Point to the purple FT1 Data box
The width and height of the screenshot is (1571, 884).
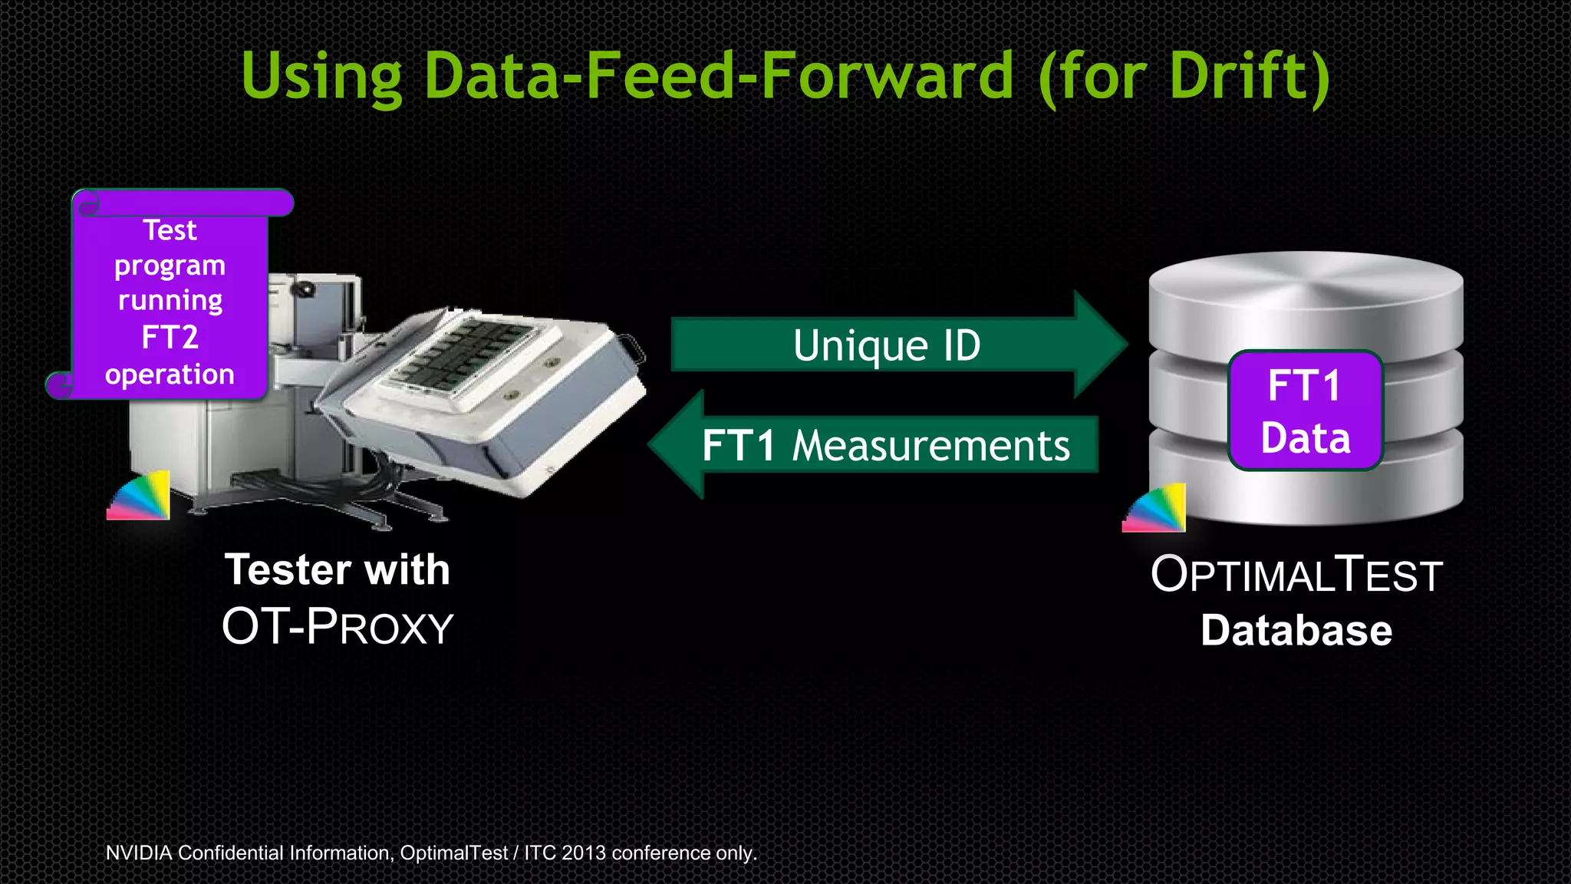pyautogui.click(x=1305, y=411)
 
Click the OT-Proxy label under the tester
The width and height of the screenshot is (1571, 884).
pyautogui.click(x=338, y=626)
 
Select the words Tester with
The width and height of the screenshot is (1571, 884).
pyautogui.click(x=338, y=569)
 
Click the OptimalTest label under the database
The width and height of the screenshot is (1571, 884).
pyautogui.click(x=1296, y=575)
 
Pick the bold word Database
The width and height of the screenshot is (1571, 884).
pyautogui.click(x=1296, y=631)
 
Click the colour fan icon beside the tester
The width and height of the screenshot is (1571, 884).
pyautogui.click(x=140, y=496)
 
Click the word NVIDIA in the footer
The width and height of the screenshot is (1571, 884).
pyautogui.click(x=138, y=853)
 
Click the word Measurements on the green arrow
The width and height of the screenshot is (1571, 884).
pyautogui.click(x=930, y=446)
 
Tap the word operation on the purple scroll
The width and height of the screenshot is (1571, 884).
pyautogui.click(x=170, y=374)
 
